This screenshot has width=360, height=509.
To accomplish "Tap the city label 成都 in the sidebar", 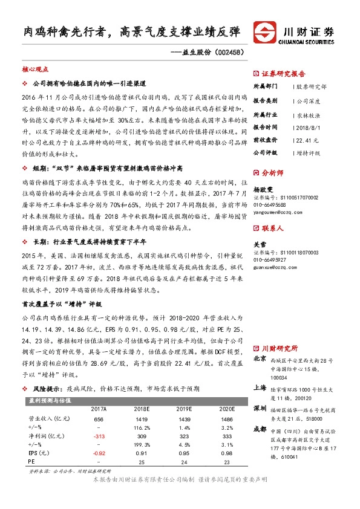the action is (x=259, y=429).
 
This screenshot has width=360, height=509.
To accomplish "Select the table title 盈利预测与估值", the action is (x=50, y=383).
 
